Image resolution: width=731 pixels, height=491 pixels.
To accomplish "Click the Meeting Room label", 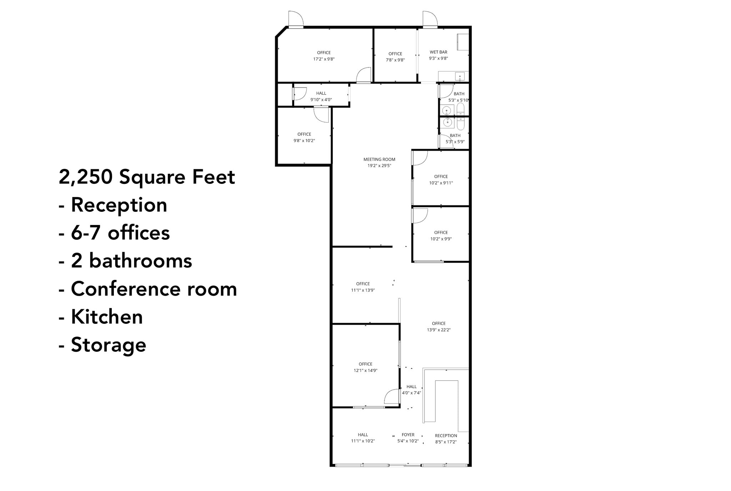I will (379, 159).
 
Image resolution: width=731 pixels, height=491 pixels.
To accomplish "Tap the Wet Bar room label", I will (438, 52).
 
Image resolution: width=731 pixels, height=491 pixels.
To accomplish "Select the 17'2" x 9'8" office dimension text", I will (324, 59).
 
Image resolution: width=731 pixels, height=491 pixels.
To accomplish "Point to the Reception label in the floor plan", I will (446, 436).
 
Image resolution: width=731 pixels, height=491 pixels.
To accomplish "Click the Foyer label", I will (408, 435).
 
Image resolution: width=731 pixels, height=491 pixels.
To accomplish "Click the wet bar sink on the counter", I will (460, 76).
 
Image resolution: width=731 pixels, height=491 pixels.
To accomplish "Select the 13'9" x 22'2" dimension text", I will (439, 330).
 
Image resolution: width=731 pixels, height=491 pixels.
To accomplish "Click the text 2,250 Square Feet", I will (147, 177).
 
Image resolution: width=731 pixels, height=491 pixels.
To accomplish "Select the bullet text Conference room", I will (154, 289).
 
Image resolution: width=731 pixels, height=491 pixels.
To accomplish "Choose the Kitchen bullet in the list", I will (107, 317).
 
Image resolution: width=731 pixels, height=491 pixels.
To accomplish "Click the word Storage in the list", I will (109, 345).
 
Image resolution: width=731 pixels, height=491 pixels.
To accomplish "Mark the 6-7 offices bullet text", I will (120, 233).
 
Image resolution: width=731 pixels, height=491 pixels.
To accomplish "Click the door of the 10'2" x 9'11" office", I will (420, 158).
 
